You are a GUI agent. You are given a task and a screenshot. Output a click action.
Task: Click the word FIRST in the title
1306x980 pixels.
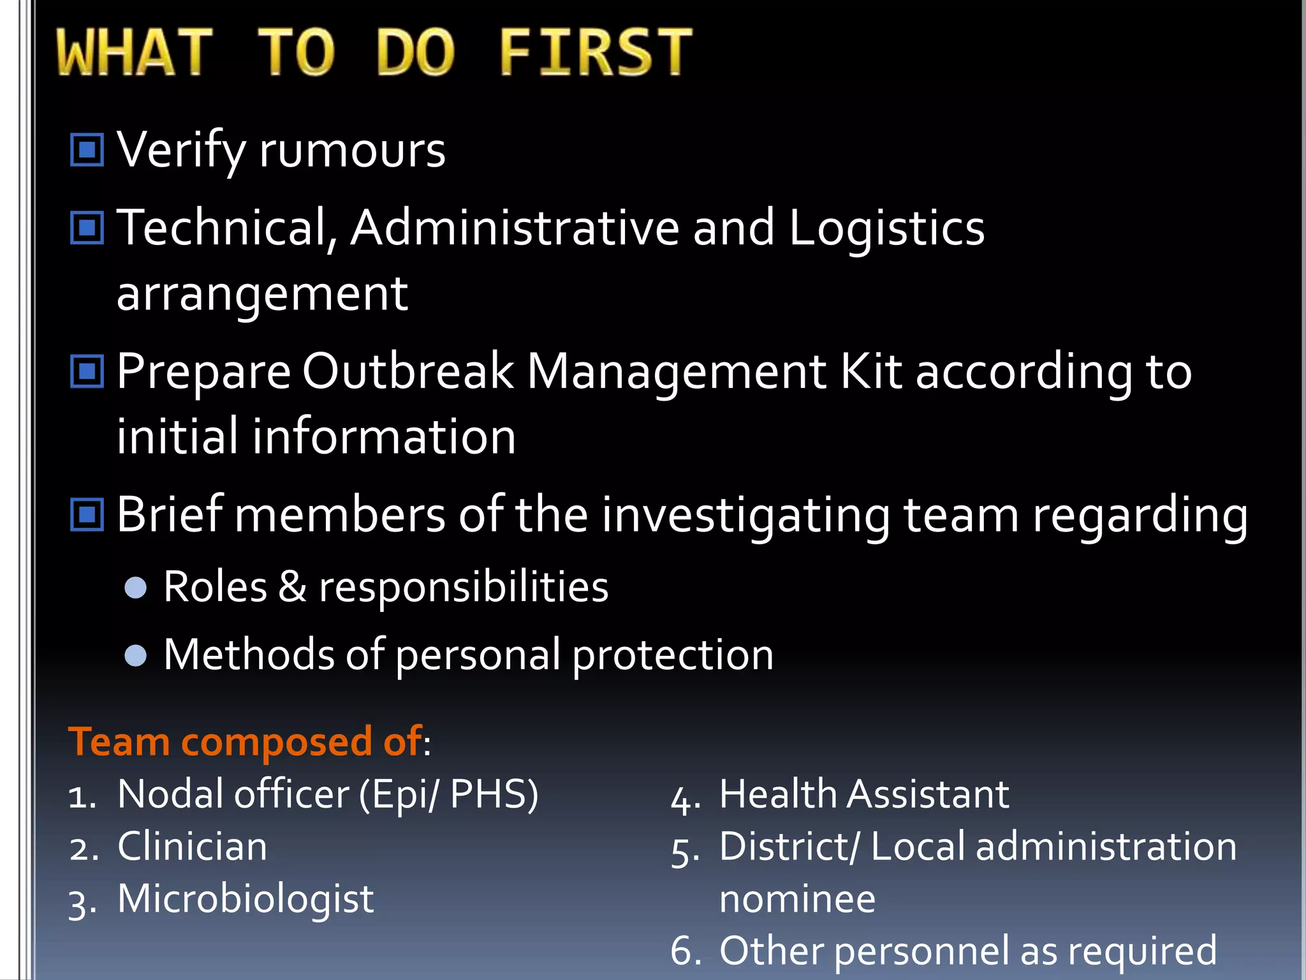coord(594,52)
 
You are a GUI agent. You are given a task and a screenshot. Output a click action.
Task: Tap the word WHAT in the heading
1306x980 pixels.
coord(134,52)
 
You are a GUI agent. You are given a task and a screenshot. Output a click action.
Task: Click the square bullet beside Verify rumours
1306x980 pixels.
coord(87,150)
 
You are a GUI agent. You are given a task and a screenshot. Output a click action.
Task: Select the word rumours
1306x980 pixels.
coord(352,151)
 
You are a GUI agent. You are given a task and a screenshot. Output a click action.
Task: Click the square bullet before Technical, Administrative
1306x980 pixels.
coord(87,228)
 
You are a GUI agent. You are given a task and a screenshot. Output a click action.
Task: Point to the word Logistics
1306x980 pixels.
coord(886,228)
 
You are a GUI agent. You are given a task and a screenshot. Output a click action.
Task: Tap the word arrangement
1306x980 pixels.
coord(262,294)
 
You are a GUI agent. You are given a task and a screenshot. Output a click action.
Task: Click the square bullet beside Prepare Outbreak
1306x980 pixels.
coord(87,371)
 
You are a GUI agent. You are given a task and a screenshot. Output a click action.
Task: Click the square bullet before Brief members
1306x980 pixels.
coord(87,514)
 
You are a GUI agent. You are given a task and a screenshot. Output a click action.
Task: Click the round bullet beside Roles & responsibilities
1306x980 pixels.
coord(136,587)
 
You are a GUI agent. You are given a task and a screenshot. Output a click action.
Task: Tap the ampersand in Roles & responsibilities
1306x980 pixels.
coord(292,586)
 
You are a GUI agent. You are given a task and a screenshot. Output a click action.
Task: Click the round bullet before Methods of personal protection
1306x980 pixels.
coord(136,655)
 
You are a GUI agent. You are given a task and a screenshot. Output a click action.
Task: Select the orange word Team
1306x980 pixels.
coord(119,741)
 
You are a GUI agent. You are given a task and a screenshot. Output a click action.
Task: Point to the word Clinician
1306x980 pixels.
coord(192,847)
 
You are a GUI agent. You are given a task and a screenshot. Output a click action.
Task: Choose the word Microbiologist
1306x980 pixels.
coord(246,900)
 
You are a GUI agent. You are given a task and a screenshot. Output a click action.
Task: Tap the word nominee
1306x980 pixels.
coord(797,900)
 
